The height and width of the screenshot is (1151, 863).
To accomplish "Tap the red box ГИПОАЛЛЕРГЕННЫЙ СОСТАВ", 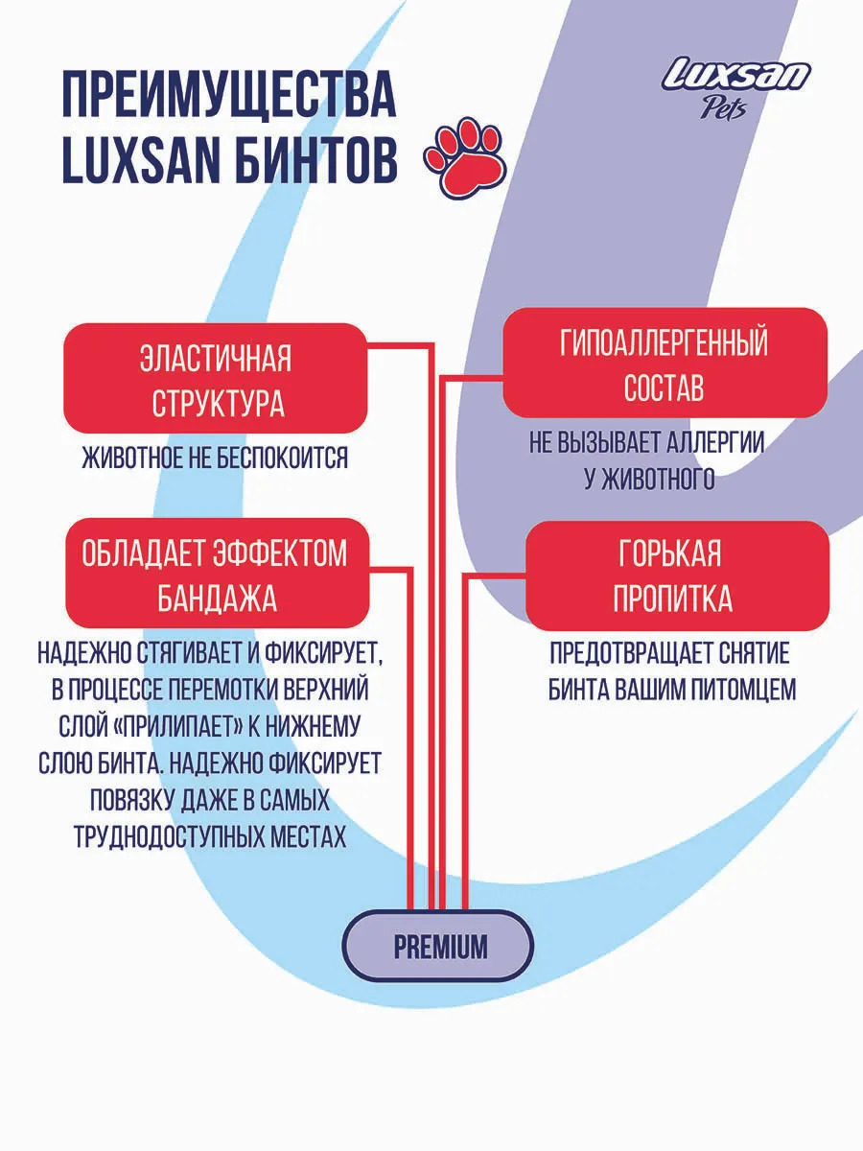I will (665, 364).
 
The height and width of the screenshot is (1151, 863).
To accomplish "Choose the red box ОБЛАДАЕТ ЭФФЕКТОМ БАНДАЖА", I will (216, 576).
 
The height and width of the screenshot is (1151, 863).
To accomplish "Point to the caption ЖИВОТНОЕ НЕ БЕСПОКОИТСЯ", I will (216, 458).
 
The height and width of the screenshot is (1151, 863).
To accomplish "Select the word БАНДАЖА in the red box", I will (217, 599).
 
